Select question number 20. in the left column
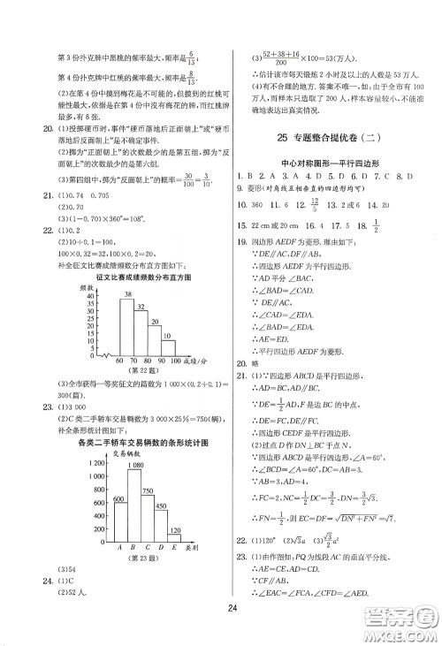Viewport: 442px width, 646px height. coord(35,127)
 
